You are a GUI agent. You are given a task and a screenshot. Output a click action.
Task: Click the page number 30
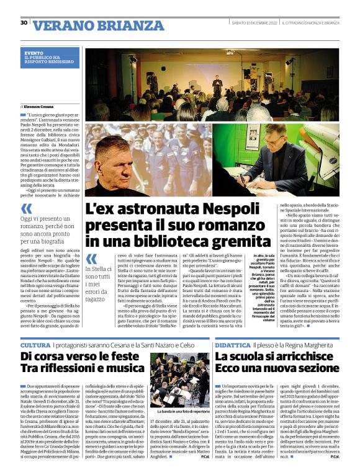(x=24, y=22)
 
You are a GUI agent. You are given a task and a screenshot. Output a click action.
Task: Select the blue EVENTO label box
(x=52, y=58)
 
